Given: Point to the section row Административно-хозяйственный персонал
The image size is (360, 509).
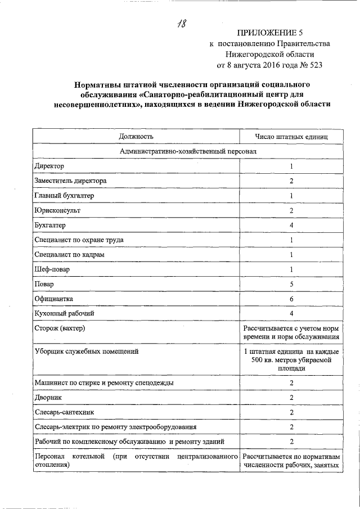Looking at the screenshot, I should pos(187,152).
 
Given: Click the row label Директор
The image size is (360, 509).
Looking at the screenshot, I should pos(49,166).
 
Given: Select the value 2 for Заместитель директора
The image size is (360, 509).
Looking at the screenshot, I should pos(291,181).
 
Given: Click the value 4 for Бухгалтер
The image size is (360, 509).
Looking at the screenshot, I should pos(291,225).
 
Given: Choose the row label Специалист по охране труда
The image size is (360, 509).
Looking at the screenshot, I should pos(79,240).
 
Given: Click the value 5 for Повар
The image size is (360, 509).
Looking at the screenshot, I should pos(291,283).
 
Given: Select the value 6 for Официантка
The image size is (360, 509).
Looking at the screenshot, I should pos(291,298).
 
